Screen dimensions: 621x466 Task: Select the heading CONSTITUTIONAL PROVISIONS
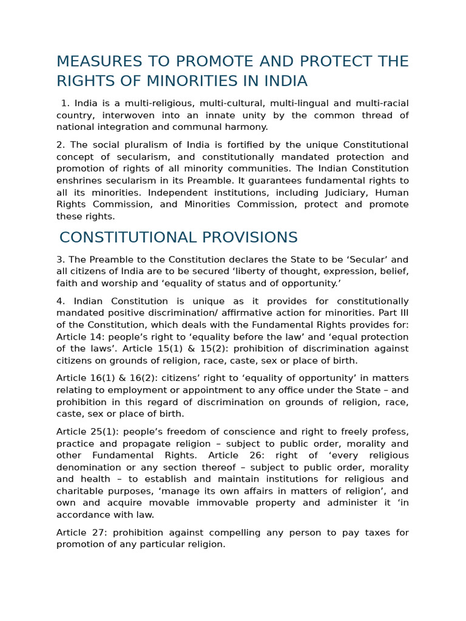click(178, 238)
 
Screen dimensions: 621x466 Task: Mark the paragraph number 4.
click(60, 301)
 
